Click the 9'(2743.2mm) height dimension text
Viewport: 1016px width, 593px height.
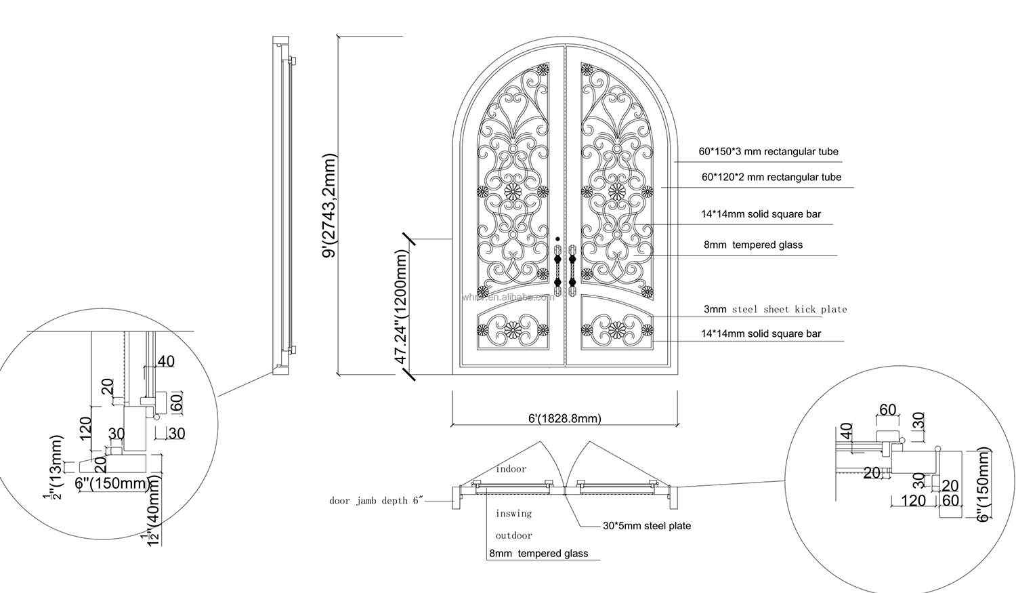click(x=330, y=206)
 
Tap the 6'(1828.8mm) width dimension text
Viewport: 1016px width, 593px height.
click(x=564, y=418)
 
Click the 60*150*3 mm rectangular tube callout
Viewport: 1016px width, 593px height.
click(x=768, y=152)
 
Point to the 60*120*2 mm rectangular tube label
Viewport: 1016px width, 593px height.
click(x=771, y=177)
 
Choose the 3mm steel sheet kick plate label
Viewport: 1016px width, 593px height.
click(x=775, y=309)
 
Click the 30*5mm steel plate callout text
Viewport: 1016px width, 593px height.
click(x=647, y=525)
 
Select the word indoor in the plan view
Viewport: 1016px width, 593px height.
click(x=511, y=469)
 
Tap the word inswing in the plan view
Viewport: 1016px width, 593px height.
click(x=513, y=514)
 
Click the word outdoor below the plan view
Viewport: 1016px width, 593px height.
click(x=513, y=535)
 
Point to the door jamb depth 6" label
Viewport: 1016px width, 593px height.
click(x=376, y=501)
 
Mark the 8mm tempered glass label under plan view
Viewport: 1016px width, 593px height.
click(x=538, y=554)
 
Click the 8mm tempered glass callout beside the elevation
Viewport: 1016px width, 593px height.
click(x=753, y=245)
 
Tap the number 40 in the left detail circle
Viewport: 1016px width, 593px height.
click(x=166, y=361)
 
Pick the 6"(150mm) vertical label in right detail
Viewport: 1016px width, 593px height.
click(x=983, y=485)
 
